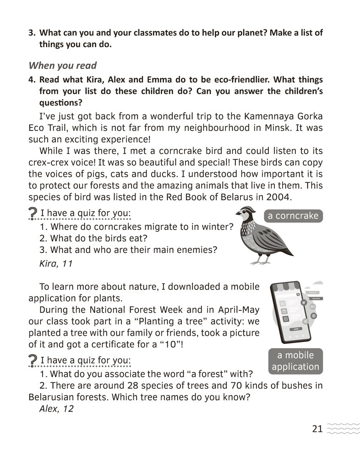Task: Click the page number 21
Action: pyautogui.click(x=317, y=429)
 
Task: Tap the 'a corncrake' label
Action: pyautogui.click(x=293, y=216)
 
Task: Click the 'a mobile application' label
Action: pyautogui.click(x=295, y=361)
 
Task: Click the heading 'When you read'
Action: pyautogui.click(x=63, y=65)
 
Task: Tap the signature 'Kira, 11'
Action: pyautogui.click(x=57, y=264)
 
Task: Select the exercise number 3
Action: pyautogui.click(x=31, y=33)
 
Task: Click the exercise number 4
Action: pyautogui.click(x=31, y=80)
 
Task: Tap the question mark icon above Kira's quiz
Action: pyautogui.click(x=33, y=213)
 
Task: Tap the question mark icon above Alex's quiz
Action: pyautogui.click(x=33, y=360)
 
